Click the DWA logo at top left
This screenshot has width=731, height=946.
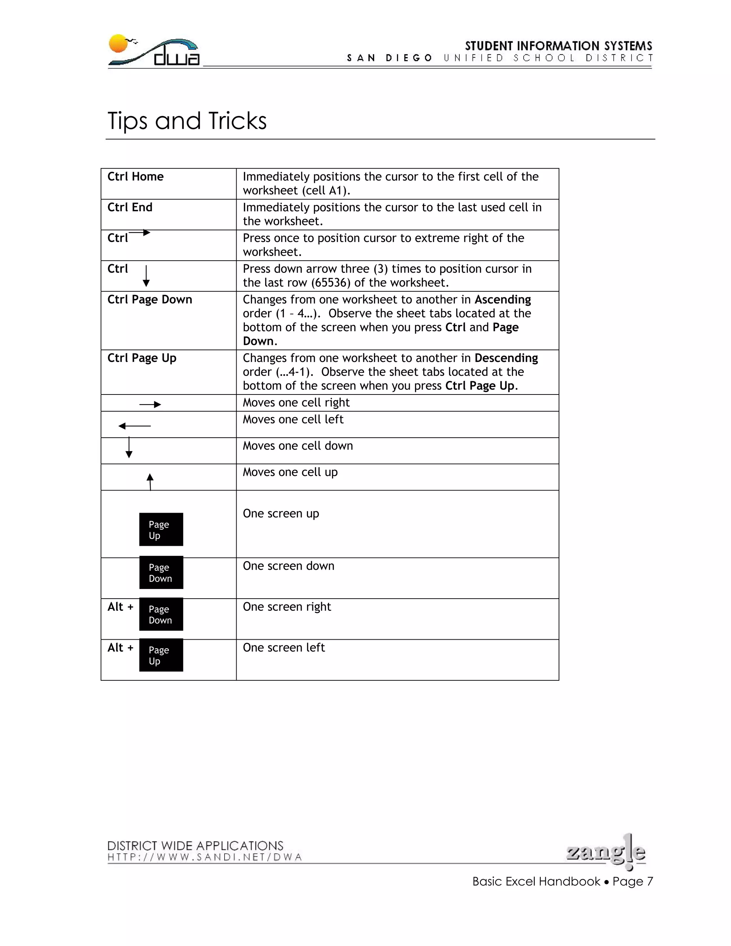tap(154, 51)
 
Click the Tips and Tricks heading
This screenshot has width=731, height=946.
tap(187, 121)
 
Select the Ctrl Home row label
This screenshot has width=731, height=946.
tap(135, 177)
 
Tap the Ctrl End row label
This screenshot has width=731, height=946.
tap(130, 207)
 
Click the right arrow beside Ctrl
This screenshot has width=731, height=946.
tap(140, 233)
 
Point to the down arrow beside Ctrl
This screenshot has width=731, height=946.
tap(146, 276)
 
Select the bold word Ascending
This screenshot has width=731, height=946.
tap(502, 300)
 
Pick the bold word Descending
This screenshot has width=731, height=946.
tap(506, 358)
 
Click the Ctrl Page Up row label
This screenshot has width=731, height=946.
tap(142, 358)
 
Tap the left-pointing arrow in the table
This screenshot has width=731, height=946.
tap(134, 426)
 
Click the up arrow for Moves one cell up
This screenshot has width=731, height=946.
tap(150, 482)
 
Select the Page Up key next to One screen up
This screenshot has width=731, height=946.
tap(161, 529)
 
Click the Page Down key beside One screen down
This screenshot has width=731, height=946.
tap(161, 573)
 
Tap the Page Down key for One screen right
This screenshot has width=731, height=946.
tap(161, 614)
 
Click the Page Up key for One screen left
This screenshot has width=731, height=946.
tap(161, 655)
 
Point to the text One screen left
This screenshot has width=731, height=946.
tap(284, 648)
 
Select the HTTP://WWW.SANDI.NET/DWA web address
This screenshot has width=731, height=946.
tap(205, 857)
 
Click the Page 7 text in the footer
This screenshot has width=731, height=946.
tap(632, 881)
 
